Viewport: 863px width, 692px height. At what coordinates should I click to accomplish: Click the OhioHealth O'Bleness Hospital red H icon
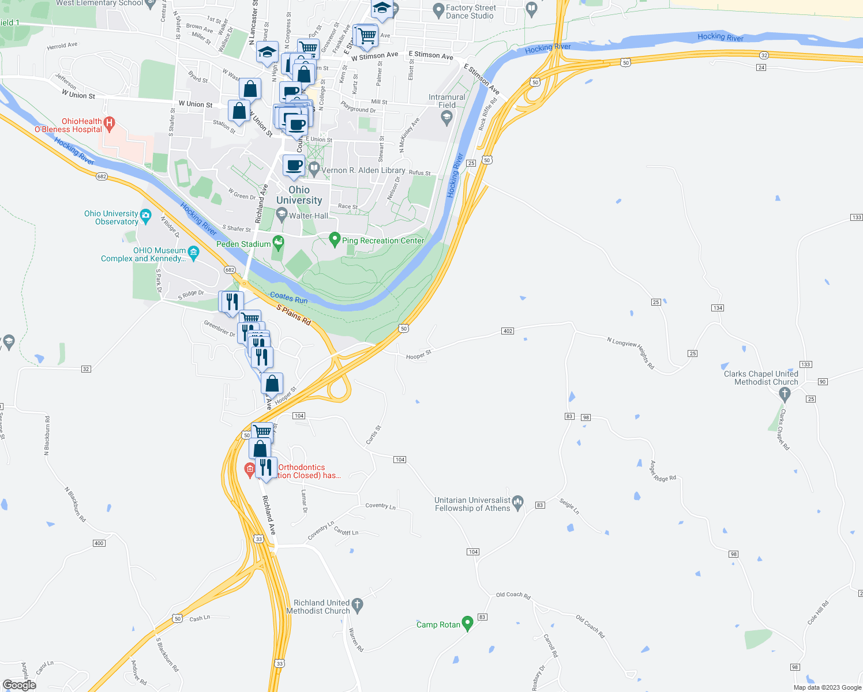(109, 122)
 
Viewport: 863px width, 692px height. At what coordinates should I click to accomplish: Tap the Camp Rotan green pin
(467, 623)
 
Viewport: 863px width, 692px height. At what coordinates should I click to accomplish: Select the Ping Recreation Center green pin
(334, 239)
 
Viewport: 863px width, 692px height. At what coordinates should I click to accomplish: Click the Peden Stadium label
(243, 244)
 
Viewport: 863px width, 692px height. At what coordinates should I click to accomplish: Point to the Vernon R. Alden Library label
(363, 170)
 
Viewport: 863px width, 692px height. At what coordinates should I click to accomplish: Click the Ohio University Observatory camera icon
(145, 217)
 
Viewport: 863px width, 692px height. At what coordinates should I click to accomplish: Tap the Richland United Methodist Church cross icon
(358, 604)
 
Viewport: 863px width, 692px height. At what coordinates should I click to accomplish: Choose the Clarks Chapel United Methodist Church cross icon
(784, 394)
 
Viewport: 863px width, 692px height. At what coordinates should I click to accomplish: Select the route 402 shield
(508, 331)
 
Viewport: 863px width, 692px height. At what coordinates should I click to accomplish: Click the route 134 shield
(718, 308)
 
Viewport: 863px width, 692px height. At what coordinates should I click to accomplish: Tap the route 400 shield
(99, 543)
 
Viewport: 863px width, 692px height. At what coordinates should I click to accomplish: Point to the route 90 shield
(823, 382)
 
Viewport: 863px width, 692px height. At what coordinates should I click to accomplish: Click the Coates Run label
(288, 298)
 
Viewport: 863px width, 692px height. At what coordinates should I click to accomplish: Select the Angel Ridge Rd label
(663, 471)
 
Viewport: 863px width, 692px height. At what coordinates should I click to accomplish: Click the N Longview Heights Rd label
(631, 352)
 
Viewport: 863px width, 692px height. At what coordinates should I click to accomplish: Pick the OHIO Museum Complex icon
(193, 251)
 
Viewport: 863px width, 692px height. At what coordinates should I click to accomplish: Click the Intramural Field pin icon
(446, 118)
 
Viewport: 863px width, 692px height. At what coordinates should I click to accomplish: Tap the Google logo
(20, 685)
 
